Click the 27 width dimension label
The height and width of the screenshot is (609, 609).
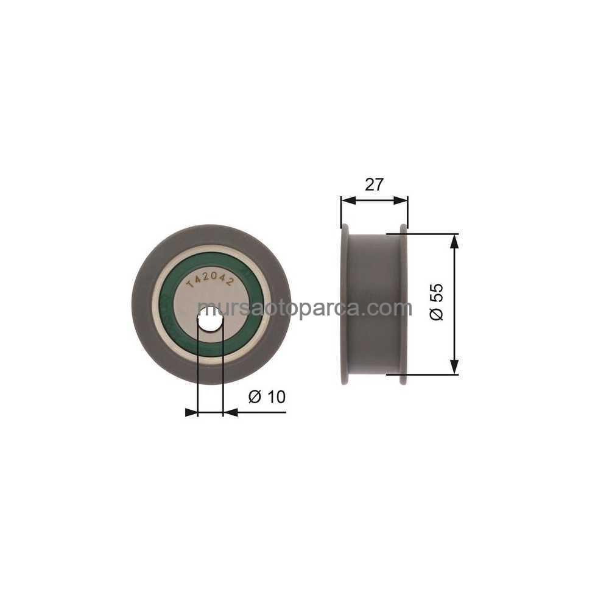click(374, 185)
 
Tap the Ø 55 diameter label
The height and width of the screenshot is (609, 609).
click(437, 302)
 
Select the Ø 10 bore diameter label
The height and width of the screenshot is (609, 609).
click(267, 396)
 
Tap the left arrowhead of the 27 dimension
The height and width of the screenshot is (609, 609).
click(348, 200)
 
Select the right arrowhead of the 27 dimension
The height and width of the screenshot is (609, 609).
click(401, 200)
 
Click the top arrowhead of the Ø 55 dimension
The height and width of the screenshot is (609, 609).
click(454, 241)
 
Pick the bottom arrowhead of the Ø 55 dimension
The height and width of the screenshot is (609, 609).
click(454, 367)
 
